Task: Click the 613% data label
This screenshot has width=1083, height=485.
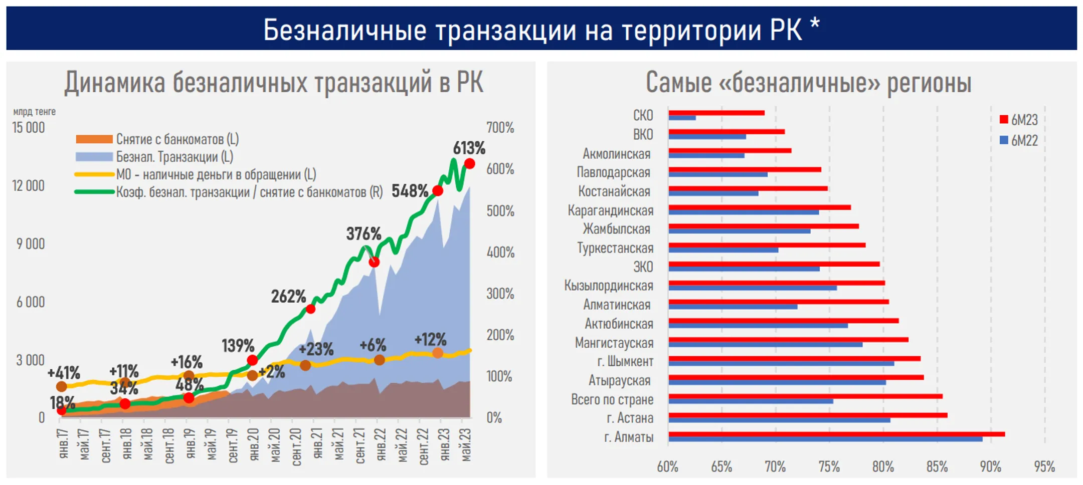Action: (469, 148)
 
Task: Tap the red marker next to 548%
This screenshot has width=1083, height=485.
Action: (438, 191)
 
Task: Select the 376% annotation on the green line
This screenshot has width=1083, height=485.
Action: (364, 233)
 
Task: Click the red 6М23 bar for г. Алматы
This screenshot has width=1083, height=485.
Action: (836, 434)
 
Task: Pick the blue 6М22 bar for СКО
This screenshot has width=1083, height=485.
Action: (682, 118)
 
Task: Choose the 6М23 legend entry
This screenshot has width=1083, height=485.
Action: (1018, 120)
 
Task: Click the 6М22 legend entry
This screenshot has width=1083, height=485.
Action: (1018, 140)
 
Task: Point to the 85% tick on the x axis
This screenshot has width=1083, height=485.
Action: (937, 467)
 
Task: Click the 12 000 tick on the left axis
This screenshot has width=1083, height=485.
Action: (29, 186)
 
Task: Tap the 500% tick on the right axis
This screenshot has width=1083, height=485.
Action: (500, 211)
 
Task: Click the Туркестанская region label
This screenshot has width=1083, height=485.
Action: (615, 248)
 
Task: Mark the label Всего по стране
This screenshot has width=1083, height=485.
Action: (612, 399)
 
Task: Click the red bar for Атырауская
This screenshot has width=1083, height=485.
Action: (796, 377)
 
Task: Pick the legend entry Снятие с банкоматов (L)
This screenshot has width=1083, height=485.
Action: (177, 139)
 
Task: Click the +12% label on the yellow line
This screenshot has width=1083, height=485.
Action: (430, 339)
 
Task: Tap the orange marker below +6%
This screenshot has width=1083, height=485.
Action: (380, 360)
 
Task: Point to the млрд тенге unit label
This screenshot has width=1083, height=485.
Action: (34, 112)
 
